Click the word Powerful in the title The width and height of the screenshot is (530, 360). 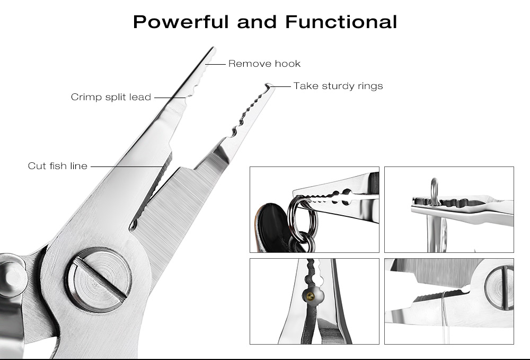(x=181, y=22)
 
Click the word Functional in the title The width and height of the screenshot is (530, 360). (x=341, y=22)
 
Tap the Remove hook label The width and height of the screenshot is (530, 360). (x=264, y=64)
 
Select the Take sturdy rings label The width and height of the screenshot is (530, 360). (x=338, y=86)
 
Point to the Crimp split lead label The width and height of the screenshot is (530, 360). (x=111, y=97)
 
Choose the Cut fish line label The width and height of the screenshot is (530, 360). (x=57, y=166)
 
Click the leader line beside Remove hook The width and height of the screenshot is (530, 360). (x=215, y=64)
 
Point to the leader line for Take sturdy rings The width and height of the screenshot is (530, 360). (x=280, y=86)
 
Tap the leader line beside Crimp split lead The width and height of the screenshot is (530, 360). (x=170, y=98)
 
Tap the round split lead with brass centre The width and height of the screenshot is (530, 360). (x=312, y=296)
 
